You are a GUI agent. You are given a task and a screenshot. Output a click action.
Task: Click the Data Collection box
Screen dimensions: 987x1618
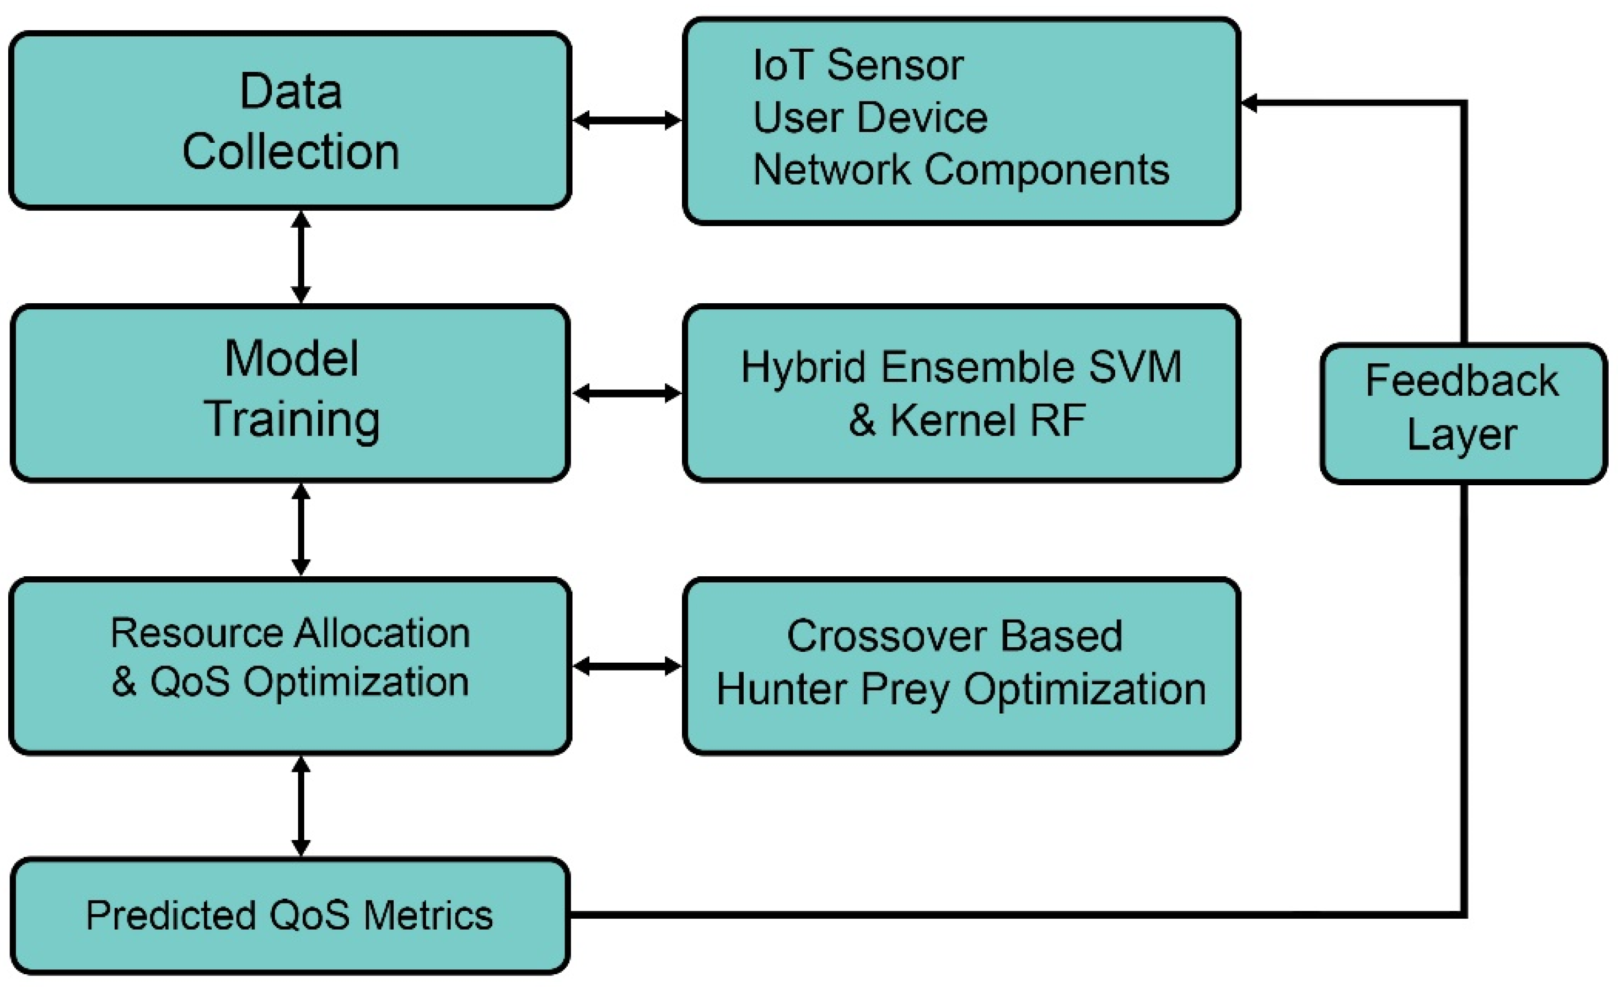pyautogui.click(x=289, y=121)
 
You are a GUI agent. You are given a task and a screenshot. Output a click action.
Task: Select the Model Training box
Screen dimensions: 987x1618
pyautogui.click(x=289, y=393)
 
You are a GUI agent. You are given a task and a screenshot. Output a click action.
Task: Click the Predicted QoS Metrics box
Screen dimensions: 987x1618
pyautogui.click(x=289, y=915)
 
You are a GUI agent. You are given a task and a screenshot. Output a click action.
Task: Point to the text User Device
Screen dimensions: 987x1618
pyautogui.click(x=869, y=117)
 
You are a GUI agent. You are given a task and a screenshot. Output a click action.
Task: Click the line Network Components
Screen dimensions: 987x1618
pyautogui.click(x=961, y=169)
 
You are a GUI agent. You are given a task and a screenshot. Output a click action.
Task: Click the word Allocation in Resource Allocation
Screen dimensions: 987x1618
pyautogui.click(x=381, y=633)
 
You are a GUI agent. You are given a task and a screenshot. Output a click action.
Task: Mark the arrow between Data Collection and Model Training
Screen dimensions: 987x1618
pyautogui.click(x=301, y=258)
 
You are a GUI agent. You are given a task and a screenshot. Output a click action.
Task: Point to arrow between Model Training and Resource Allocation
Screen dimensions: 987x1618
pyautogui.click(x=301, y=529)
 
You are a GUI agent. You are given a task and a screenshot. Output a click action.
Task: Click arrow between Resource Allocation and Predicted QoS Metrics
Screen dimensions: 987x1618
pyautogui.click(x=301, y=806)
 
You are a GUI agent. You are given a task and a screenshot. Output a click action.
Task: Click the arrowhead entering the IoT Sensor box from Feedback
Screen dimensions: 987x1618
pyautogui.click(x=1249, y=103)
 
